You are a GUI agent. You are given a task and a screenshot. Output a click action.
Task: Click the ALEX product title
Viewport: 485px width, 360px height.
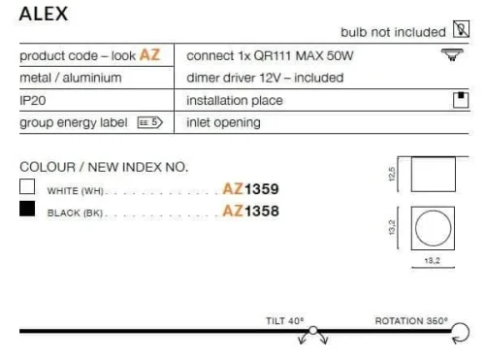tap(44, 14)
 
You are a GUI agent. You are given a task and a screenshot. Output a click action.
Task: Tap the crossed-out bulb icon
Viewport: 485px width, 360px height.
tap(461, 29)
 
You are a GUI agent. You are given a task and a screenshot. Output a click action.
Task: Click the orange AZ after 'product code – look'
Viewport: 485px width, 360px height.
tap(149, 55)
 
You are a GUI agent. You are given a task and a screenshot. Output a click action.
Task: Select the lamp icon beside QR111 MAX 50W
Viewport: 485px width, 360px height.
tap(452, 54)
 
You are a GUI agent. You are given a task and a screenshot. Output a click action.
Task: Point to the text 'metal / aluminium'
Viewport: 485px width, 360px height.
tap(71, 78)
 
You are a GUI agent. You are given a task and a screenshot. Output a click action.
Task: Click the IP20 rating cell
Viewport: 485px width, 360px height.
tap(33, 100)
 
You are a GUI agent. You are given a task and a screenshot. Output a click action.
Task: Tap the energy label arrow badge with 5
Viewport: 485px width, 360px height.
tap(149, 122)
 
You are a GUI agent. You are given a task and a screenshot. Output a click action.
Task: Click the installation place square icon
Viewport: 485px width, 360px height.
tap(461, 100)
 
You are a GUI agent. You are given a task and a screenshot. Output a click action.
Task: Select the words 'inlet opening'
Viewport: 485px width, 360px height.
tap(223, 122)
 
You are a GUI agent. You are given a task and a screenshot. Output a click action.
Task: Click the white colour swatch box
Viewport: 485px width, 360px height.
tap(27, 186)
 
